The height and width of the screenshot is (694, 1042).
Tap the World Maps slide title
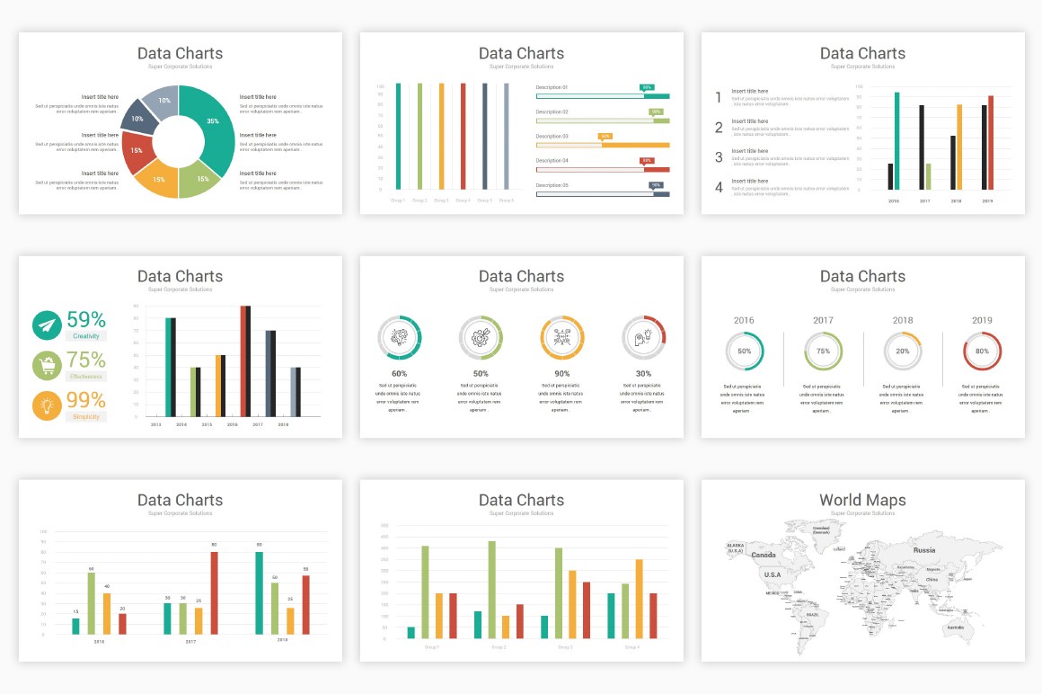click(x=862, y=501)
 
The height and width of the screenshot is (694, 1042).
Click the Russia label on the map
click(x=923, y=549)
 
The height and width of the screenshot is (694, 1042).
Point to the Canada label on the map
click(x=764, y=555)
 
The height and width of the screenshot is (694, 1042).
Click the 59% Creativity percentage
click(x=86, y=319)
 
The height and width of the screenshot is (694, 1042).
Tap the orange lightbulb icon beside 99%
click(x=47, y=406)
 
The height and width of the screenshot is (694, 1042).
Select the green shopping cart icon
click(x=47, y=366)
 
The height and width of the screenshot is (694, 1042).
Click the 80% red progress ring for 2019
click(x=982, y=351)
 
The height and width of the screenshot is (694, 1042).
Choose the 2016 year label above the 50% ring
click(x=744, y=320)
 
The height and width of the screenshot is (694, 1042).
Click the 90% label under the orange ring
click(x=562, y=373)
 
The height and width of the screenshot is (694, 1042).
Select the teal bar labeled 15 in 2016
click(x=75, y=627)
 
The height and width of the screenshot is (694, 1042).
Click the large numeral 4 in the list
click(x=719, y=188)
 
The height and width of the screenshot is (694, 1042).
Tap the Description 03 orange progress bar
click(x=602, y=145)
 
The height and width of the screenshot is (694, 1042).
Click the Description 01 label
click(x=552, y=87)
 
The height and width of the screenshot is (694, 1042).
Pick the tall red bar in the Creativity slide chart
click(x=244, y=360)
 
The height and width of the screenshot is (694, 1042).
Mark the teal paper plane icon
click(x=47, y=325)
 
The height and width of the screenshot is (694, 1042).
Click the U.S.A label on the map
click(x=772, y=574)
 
